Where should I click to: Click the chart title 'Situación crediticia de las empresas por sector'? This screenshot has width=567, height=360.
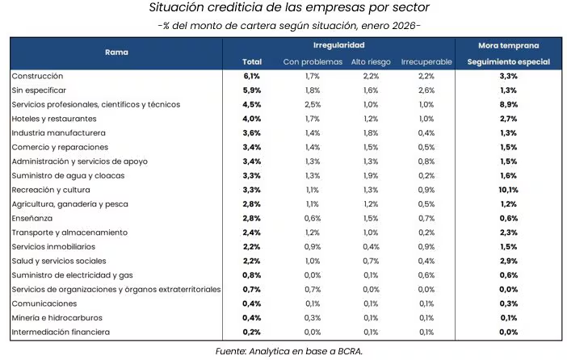pos(283,8)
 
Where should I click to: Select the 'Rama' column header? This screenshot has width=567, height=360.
pos(116,52)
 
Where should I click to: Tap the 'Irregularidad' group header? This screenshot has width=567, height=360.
pos(338,45)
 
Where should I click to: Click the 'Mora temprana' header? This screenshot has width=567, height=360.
pos(508,45)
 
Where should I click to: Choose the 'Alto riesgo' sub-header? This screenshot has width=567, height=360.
pos(372,61)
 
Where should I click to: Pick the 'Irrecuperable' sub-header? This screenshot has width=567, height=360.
pos(426,61)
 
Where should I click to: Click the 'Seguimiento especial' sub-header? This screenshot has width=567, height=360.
pos(508,61)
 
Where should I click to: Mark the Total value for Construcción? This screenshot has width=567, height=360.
pos(251,76)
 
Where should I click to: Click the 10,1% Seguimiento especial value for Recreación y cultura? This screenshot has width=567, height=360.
pos(508,190)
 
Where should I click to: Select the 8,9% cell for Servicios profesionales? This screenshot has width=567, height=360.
pos(508,104)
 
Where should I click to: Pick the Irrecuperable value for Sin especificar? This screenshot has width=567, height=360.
pos(426,90)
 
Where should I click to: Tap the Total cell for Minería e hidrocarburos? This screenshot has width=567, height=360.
pos(251,318)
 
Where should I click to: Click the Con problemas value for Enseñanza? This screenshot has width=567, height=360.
pos(312,219)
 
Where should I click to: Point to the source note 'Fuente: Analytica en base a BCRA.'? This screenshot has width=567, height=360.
pos(283,350)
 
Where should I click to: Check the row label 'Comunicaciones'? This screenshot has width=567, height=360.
pos(45,303)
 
